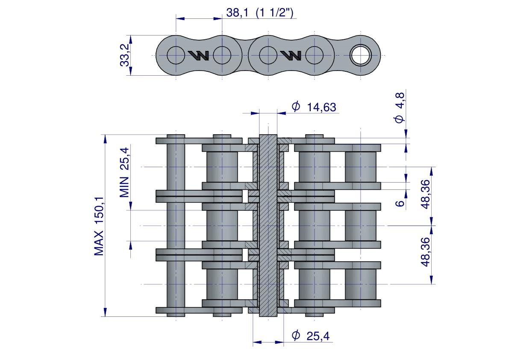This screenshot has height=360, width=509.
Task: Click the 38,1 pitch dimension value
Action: point(237,13)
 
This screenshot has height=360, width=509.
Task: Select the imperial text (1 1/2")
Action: point(274,13)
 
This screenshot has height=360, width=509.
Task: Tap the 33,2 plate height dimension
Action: point(125,55)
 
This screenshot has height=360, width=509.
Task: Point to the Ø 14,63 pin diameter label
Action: point(314,107)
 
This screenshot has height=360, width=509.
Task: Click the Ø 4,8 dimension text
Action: point(400,108)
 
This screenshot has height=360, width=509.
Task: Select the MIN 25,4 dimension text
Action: point(124,172)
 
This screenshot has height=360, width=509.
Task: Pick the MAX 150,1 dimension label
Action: point(99,226)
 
